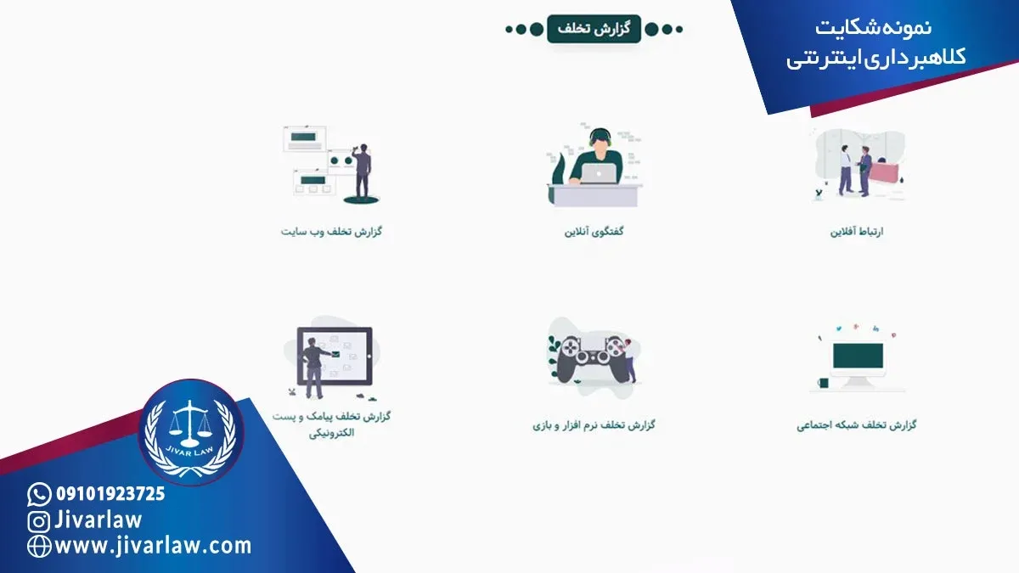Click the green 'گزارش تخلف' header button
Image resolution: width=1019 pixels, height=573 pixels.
click(594, 29)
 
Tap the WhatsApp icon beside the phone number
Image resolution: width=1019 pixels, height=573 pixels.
click(39, 494)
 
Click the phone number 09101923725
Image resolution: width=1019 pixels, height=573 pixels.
click(110, 494)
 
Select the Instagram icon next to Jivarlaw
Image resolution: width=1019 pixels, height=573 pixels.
click(39, 521)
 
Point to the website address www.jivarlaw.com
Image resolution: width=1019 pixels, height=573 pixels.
click(153, 546)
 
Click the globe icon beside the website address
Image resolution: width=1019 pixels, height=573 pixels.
click(39, 546)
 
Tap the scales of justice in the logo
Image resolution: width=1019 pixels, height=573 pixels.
click(190, 424)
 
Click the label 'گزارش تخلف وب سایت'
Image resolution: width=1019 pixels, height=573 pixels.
click(331, 232)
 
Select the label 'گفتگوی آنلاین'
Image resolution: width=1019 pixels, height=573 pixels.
click(594, 232)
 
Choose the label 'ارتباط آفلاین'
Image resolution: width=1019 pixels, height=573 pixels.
click(857, 232)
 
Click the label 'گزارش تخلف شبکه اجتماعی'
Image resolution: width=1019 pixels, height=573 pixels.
click(857, 424)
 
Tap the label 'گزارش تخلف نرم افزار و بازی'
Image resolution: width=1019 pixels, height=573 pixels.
click(594, 424)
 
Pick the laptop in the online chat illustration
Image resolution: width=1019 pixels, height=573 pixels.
click(600, 173)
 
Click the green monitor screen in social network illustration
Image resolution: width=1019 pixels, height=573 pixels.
click(858, 356)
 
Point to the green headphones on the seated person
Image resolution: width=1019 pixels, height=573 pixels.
click(600, 136)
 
